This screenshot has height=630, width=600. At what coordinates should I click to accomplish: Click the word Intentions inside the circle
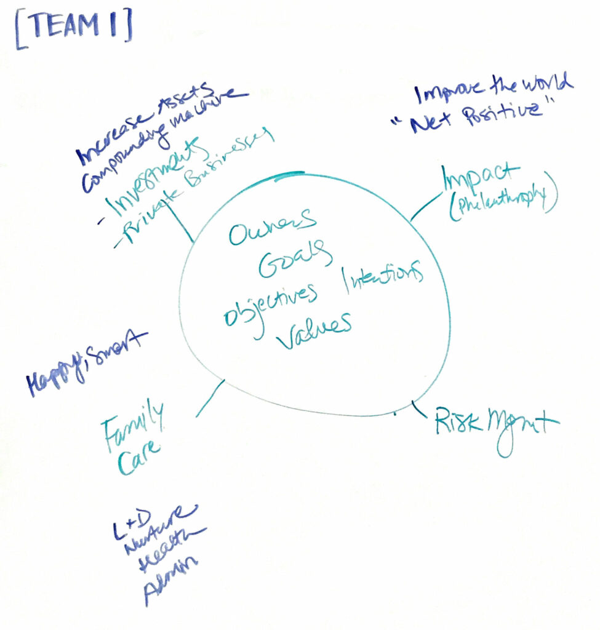(383, 277)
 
